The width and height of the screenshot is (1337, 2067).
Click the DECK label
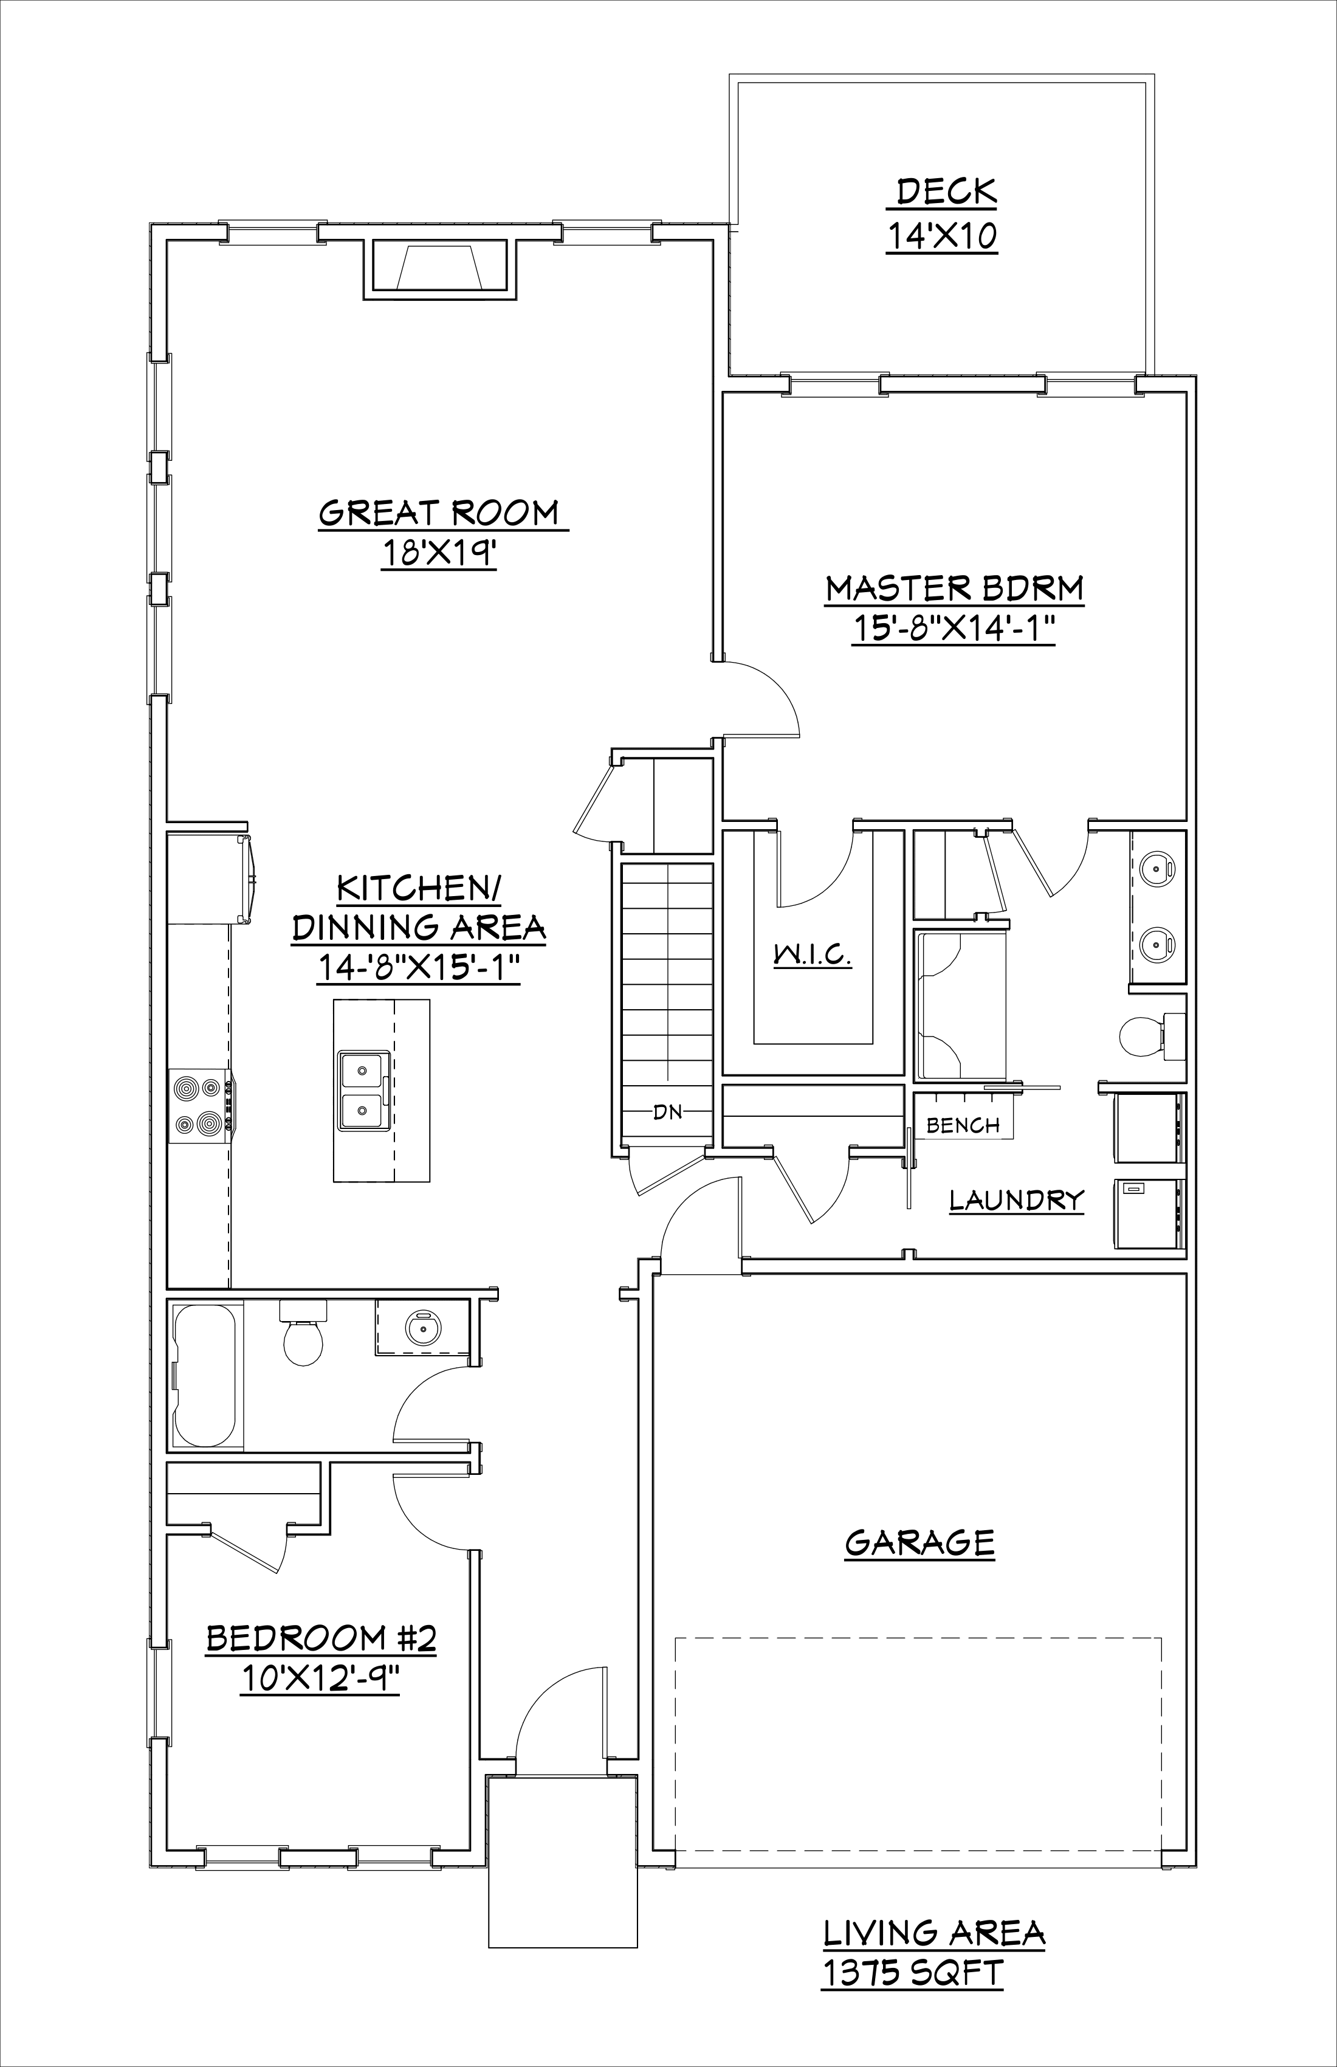point(946,191)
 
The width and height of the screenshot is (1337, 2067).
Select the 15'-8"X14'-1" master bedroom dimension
point(954,630)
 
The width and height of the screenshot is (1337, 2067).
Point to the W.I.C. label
point(813,955)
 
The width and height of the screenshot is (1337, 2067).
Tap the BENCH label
point(963,1125)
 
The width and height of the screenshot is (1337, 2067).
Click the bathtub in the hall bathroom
point(205,1375)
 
